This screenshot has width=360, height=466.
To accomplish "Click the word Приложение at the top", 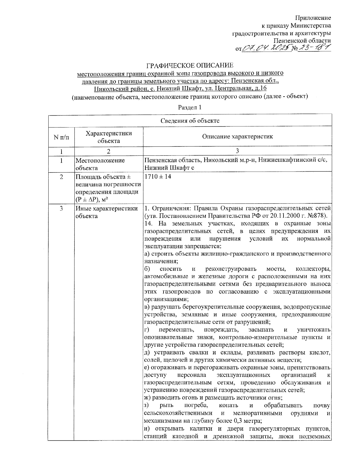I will point(314,18).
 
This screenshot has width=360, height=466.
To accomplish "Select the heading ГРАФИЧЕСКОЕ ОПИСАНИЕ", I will point(189,65).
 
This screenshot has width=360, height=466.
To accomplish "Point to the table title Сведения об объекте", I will point(190,121).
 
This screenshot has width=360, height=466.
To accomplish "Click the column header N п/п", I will point(61,137).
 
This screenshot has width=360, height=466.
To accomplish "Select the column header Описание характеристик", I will point(237,137).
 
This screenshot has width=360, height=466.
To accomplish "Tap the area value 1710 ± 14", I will point(158,177).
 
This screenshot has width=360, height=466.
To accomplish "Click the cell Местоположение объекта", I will point(100,164).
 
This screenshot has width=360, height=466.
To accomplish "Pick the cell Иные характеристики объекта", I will point(106,212).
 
